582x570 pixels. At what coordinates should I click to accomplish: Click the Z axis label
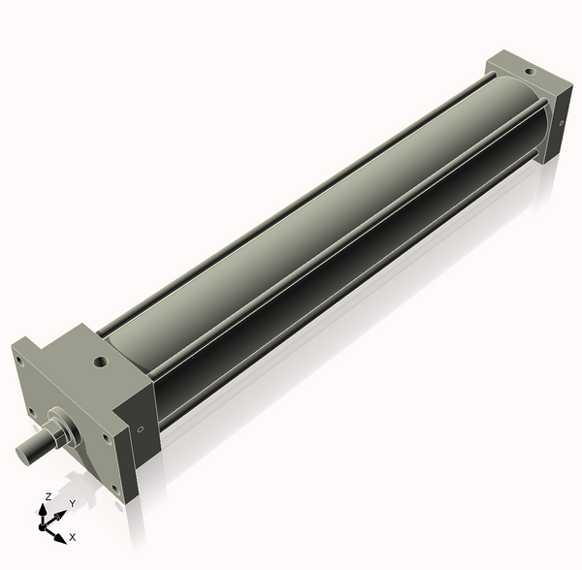[48, 497]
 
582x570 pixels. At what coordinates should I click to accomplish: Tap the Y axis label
[73, 503]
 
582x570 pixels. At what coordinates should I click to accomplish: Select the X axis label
[73, 537]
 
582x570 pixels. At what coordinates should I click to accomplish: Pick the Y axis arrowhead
[60, 516]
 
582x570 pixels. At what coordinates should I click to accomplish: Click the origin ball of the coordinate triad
[42, 527]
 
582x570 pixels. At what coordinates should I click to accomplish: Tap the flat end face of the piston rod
[22, 454]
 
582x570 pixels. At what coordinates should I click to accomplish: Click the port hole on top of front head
[101, 361]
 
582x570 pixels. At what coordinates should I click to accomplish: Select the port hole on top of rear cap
[529, 71]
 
